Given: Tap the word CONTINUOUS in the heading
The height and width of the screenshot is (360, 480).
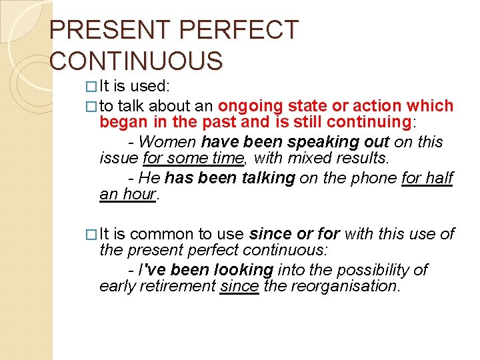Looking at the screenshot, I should [136, 61].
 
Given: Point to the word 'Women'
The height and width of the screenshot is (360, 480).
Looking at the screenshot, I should [168, 142].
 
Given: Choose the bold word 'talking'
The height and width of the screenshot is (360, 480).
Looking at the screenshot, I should [263, 178].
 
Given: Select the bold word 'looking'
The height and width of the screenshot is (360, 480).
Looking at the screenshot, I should [243, 270].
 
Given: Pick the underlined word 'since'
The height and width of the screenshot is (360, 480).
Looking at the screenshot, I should [239, 287].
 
